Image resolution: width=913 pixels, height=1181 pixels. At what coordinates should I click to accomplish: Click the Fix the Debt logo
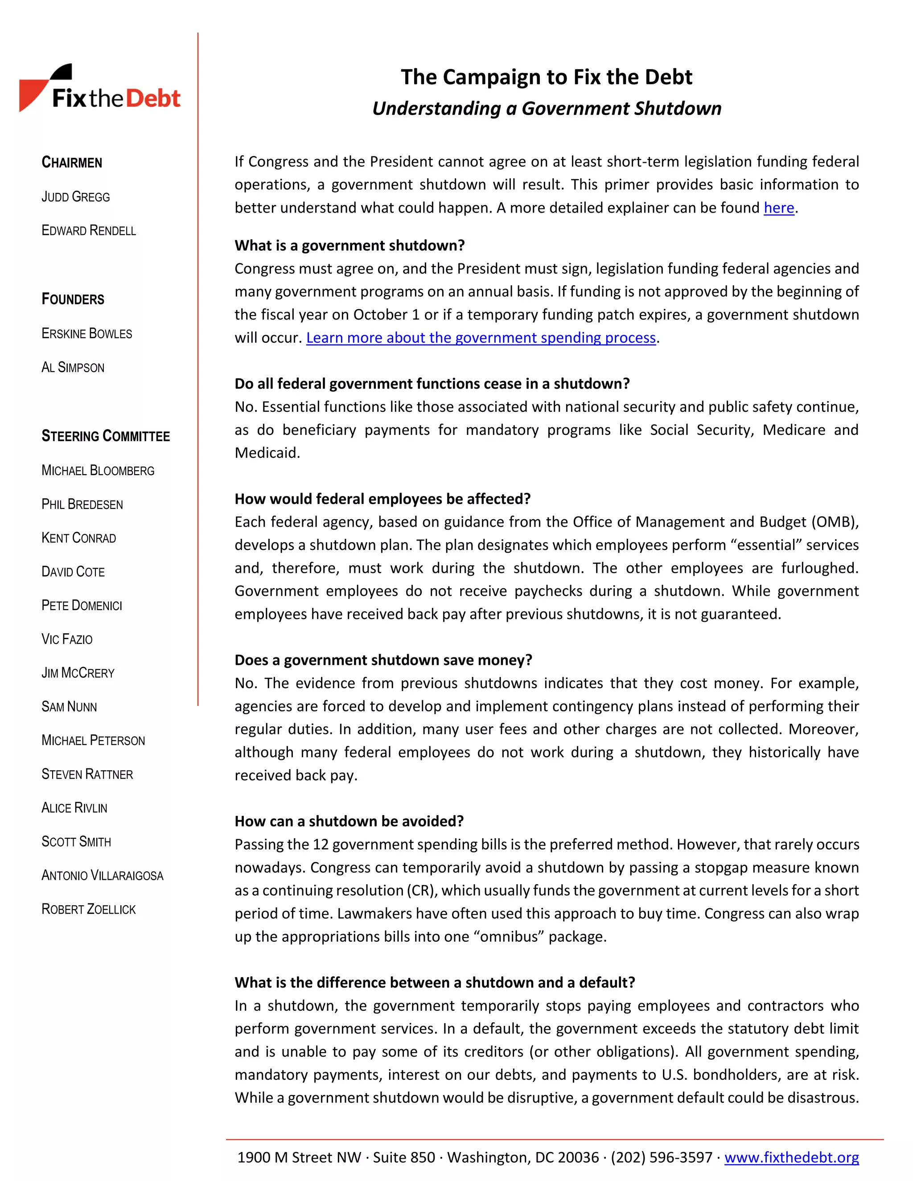100,89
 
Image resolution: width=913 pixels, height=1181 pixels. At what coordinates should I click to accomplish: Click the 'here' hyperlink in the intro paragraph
778,208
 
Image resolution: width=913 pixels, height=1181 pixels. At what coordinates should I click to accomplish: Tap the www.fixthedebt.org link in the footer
791,1157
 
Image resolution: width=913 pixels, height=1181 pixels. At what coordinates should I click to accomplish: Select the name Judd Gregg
76,197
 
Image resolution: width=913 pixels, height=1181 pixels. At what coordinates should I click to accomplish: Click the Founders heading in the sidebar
73,299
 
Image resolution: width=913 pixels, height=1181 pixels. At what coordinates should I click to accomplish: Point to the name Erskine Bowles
86,334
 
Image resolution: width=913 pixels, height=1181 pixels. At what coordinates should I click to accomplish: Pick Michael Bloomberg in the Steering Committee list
98,471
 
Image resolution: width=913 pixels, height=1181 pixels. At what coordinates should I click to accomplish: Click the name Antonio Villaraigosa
102,875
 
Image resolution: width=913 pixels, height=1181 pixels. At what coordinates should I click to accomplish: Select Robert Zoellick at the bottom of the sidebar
89,909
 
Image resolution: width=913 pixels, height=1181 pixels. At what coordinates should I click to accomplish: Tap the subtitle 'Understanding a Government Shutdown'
546,109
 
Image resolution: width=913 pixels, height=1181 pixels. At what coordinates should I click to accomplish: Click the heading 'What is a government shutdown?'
350,246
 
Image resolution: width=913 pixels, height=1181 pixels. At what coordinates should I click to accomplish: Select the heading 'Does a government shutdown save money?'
383,660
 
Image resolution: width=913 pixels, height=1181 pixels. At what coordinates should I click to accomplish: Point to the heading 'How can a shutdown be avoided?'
349,821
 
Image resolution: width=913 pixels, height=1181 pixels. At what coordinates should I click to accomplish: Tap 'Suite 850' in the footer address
403,1157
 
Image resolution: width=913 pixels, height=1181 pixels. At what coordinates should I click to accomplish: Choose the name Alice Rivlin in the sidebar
74,808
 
